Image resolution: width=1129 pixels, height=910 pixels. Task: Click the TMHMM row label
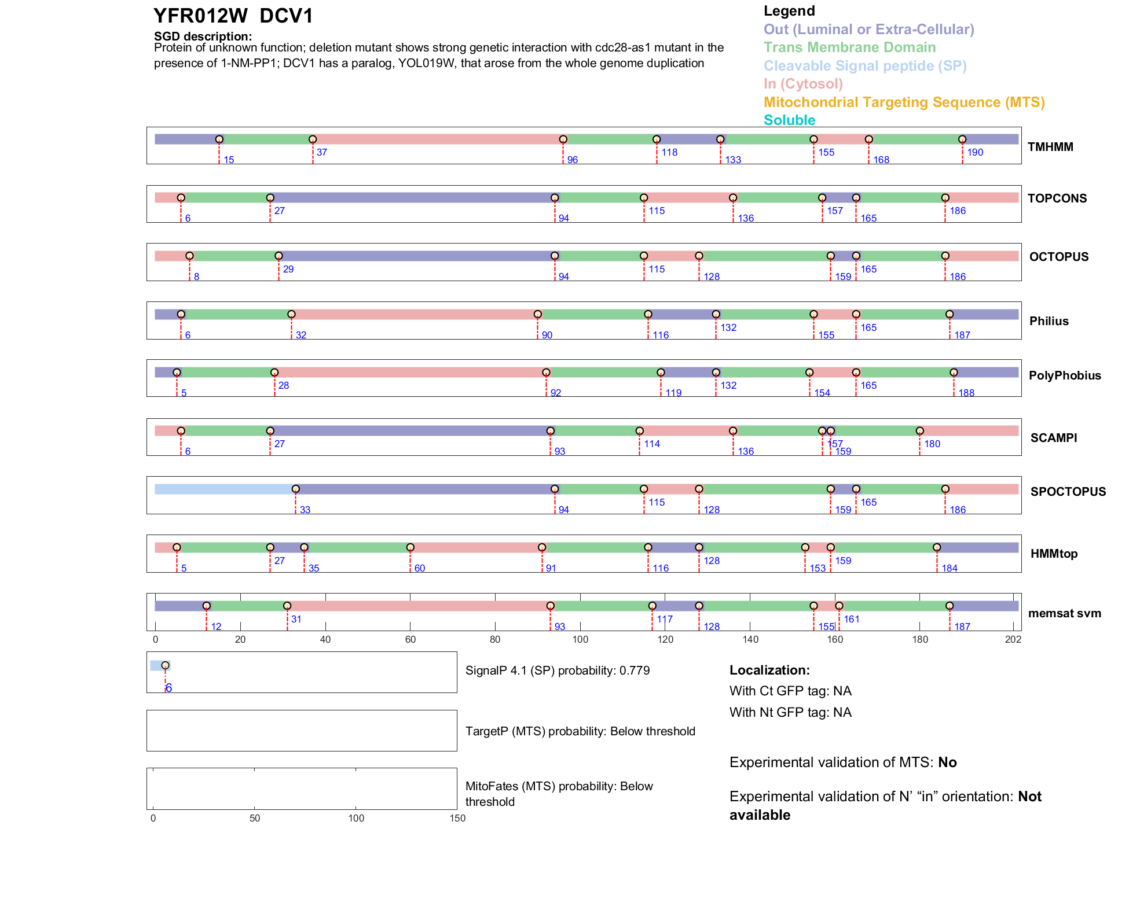coord(1050,147)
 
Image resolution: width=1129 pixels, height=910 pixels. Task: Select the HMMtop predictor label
coord(1054,554)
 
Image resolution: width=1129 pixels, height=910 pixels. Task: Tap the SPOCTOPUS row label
coord(1068,492)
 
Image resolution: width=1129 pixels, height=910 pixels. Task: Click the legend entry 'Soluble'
coord(789,120)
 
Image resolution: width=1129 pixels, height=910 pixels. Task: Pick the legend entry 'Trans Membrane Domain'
coord(849,47)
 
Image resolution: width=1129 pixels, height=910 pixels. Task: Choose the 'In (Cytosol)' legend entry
coord(802,84)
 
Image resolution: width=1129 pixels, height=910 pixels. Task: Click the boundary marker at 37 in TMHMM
coord(313,139)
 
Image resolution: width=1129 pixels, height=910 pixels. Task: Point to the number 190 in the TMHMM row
coord(975,152)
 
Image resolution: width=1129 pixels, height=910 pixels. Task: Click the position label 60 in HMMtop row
coord(420,568)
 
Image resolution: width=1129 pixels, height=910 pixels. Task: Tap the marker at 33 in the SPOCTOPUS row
coord(296,489)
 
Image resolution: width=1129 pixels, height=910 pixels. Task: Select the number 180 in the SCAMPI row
coord(932,444)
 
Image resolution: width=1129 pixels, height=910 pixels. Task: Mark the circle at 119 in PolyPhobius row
coord(661,373)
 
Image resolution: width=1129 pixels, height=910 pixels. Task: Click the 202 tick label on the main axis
coord(1013,639)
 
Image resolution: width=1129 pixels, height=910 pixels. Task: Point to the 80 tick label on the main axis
coord(495,639)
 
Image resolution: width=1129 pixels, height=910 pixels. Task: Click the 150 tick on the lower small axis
coord(457,818)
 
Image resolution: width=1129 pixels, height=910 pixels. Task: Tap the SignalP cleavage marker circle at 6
coord(165,665)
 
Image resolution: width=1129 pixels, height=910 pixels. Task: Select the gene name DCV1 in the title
coord(286,16)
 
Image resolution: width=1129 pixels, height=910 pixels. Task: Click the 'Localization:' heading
coord(769,670)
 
